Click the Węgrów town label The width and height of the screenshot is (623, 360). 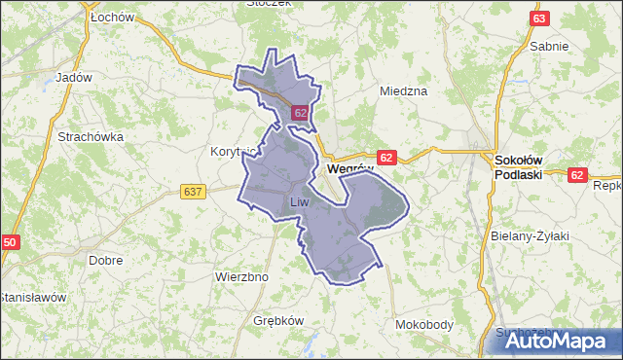click(x=350, y=168)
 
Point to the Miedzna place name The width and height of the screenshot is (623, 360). click(x=404, y=91)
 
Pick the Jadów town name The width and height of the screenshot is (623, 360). click(x=74, y=78)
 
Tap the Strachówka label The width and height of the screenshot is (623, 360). click(x=91, y=137)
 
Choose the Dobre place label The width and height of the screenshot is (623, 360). click(x=104, y=261)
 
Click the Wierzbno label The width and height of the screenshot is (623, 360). click(x=240, y=276)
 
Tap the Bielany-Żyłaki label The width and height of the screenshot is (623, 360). click(x=530, y=236)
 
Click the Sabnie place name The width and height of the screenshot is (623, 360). click(x=549, y=46)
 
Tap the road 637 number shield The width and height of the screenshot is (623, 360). click(x=193, y=192)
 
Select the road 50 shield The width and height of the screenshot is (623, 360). click(x=11, y=242)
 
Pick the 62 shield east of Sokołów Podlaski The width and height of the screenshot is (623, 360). click(x=579, y=175)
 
